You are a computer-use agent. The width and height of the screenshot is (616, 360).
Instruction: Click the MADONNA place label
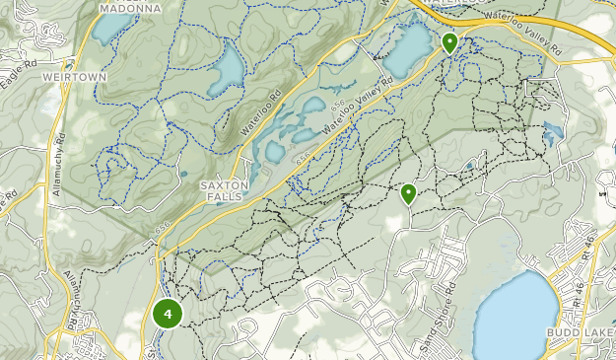pos(129,7)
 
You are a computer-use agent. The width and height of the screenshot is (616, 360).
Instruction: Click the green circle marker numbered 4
pos(168,315)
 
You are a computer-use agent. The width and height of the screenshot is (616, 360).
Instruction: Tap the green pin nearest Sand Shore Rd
pos(408,193)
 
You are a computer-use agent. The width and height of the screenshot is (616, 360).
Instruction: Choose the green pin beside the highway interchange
pos(449,42)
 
